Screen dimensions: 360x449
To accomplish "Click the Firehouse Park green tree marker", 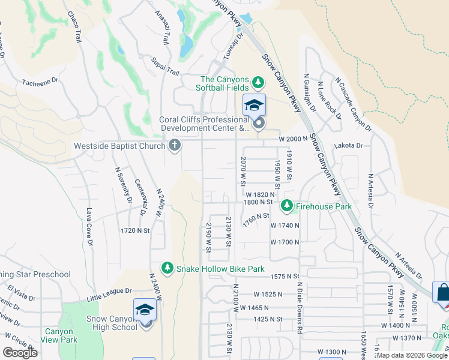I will [287, 206].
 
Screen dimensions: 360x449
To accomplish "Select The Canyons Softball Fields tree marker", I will [258, 82].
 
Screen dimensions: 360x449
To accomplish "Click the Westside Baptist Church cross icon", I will [175, 145].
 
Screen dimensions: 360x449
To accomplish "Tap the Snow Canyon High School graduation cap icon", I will [145, 310].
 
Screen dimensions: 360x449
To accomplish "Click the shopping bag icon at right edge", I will [442, 293].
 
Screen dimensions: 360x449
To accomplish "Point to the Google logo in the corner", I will [20, 353].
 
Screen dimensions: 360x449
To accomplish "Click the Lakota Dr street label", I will [351, 145].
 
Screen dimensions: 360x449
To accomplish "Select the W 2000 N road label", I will [292, 139].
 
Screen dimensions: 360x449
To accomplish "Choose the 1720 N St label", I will [134, 230].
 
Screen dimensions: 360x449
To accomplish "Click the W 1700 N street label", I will [285, 242].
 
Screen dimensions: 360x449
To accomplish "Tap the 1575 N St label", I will [285, 276].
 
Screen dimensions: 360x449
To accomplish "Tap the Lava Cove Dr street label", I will [89, 227].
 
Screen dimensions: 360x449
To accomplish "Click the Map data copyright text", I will [412, 355].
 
